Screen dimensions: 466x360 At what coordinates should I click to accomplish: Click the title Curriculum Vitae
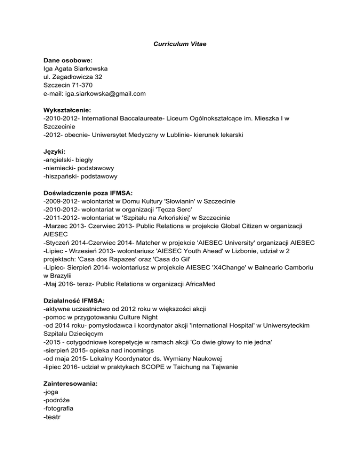pyautogui.click(x=180, y=44)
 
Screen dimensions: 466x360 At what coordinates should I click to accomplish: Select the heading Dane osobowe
pyautogui.click(x=67, y=60)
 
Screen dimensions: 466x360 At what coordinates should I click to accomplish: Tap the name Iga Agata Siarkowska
pyautogui.click(x=75, y=68)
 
